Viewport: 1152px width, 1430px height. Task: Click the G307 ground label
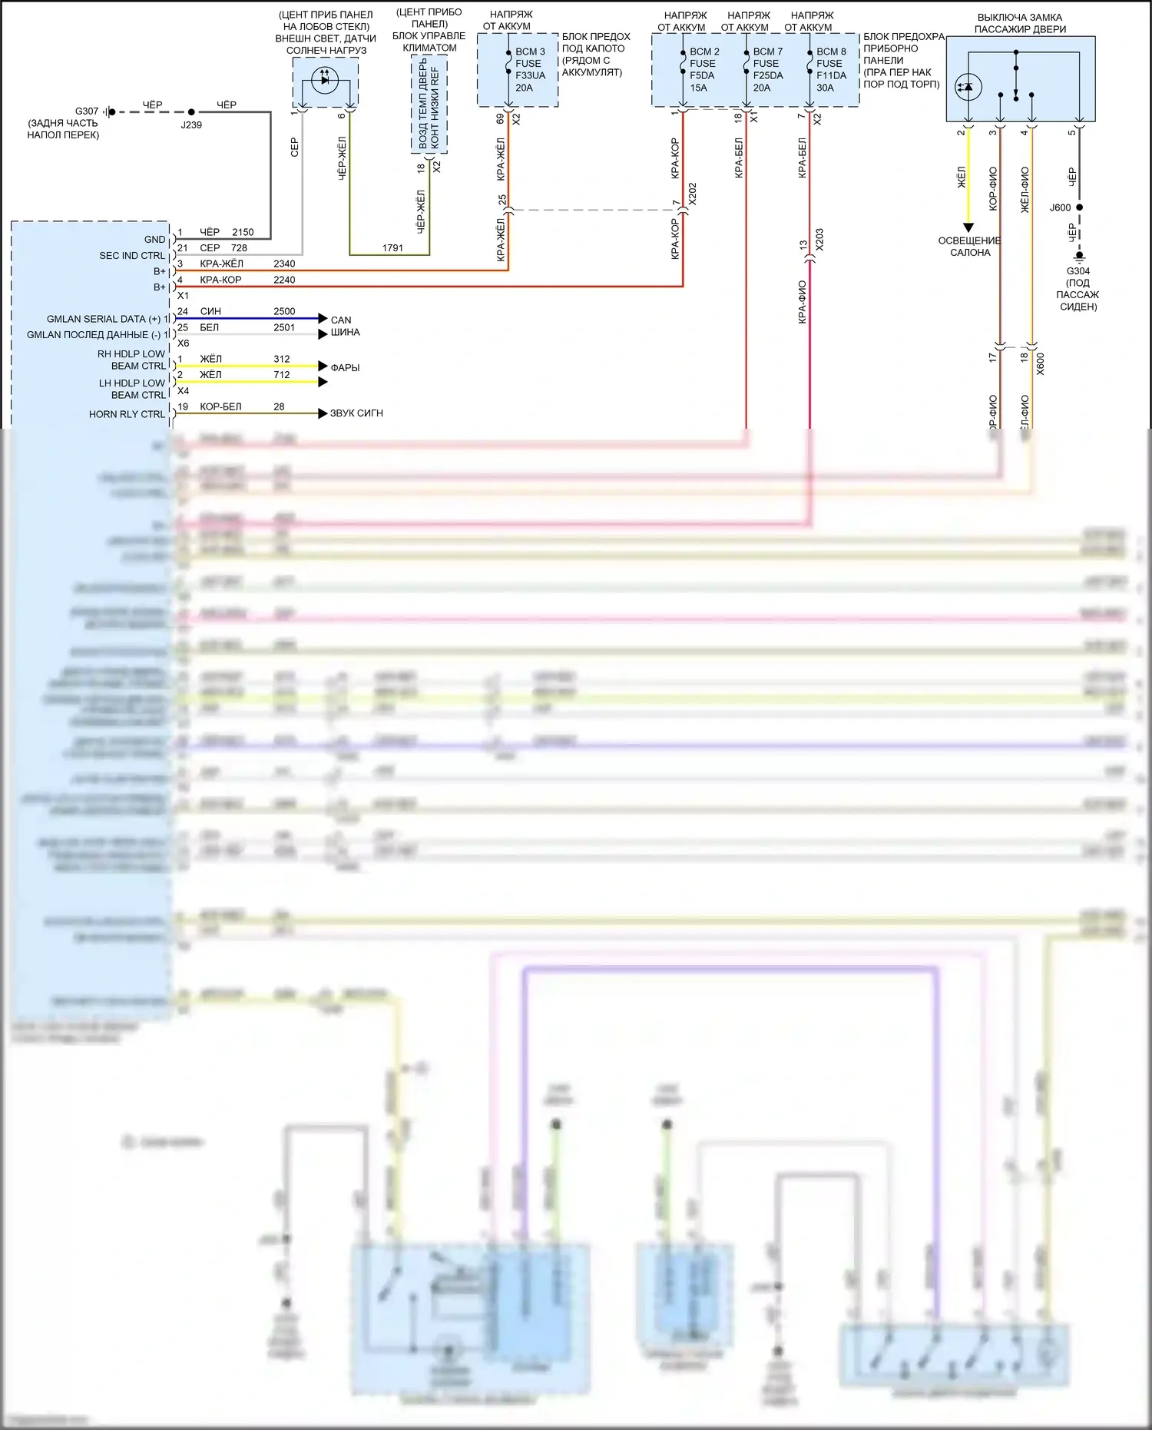point(87,111)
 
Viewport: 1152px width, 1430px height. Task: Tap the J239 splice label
point(191,124)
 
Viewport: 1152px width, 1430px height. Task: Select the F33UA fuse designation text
point(530,75)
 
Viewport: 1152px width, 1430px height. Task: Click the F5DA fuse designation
point(702,75)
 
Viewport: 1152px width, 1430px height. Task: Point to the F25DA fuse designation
point(768,75)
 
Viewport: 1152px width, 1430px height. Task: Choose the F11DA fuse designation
point(831,75)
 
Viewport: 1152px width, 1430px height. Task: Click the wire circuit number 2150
point(243,232)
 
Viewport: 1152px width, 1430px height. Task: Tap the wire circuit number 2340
point(284,264)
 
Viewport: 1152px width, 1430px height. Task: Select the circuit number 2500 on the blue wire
point(284,311)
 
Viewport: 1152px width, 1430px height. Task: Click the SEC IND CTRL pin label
point(132,256)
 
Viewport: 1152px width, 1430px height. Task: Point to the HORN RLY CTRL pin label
point(127,414)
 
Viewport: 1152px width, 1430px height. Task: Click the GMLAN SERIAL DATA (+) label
point(104,319)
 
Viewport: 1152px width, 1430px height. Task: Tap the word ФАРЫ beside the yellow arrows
point(345,367)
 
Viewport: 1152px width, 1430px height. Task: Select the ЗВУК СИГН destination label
point(356,413)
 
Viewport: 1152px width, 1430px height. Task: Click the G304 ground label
point(1078,271)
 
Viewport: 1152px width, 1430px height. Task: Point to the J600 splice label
point(1060,207)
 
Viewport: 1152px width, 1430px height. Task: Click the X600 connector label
point(1041,363)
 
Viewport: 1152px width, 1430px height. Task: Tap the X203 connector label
point(819,239)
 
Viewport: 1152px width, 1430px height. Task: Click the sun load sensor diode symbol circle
point(325,79)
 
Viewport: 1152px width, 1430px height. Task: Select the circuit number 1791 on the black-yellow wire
point(392,247)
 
